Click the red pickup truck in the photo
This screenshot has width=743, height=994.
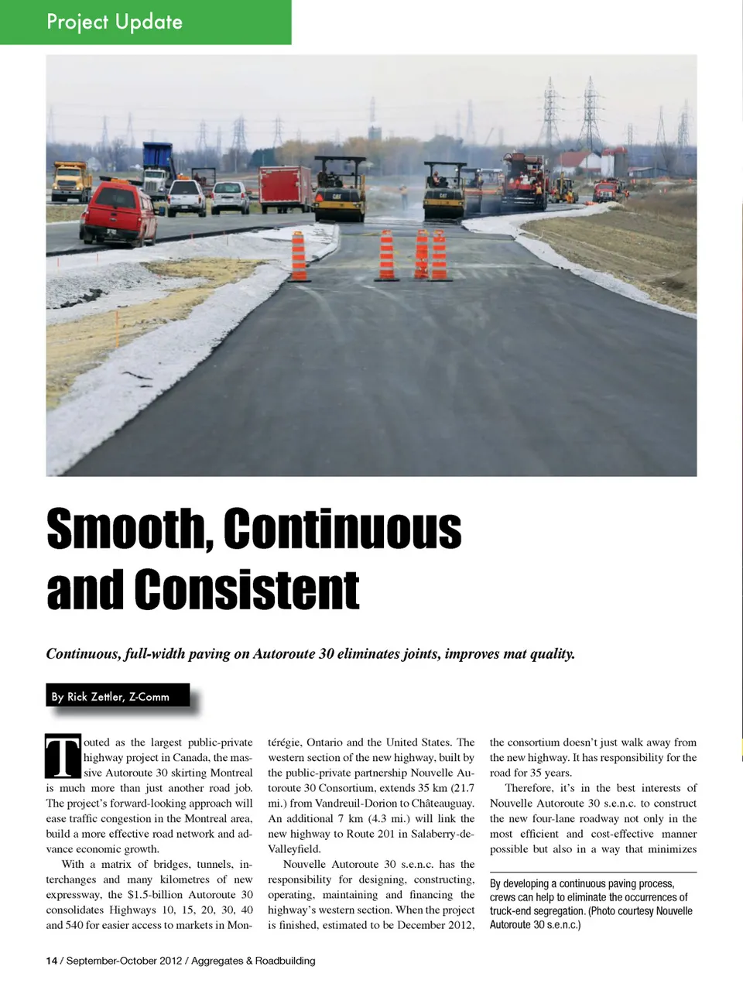(119, 211)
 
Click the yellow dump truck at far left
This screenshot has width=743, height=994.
(71, 181)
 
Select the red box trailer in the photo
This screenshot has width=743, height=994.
(284, 188)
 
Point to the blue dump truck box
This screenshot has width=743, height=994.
(158, 156)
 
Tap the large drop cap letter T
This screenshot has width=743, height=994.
(63, 756)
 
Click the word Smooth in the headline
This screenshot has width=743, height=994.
(130, 530)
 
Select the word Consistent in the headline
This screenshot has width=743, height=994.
(247, 590)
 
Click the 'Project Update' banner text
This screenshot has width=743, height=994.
(115, 21)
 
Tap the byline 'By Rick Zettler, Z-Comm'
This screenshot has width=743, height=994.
(111, 697)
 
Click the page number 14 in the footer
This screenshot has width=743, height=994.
(51, 961)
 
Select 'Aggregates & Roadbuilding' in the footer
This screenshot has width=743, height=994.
(253, 961)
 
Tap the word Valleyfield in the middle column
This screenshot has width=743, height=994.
(294, 849)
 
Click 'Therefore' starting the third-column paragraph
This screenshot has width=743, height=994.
(529, 788)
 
